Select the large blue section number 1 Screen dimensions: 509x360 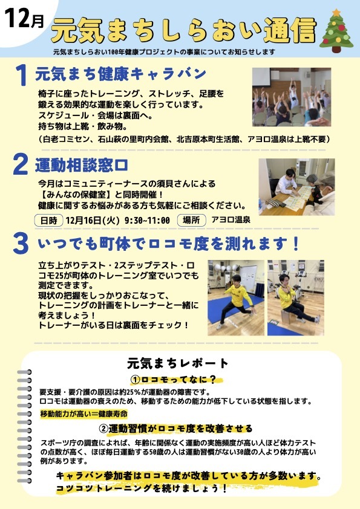pos(21,77)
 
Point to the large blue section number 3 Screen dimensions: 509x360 pos(21,244)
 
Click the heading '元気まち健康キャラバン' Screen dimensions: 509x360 pos(121,74)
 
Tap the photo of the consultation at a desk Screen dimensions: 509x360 pos(296,187)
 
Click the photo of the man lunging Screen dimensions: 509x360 pos(235,297)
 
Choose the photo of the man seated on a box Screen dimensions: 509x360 pos(296,297)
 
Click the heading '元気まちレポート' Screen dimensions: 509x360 pos(178,363)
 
